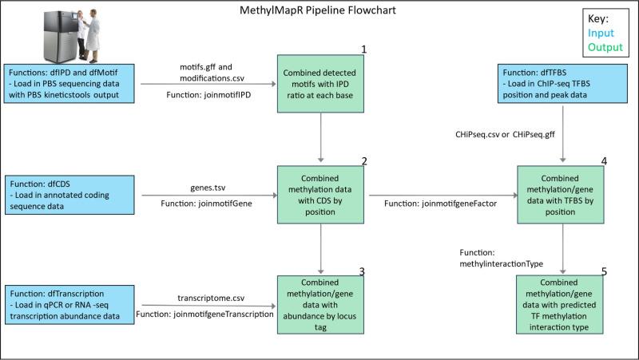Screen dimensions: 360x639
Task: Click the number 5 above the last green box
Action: tap(603, 271)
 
